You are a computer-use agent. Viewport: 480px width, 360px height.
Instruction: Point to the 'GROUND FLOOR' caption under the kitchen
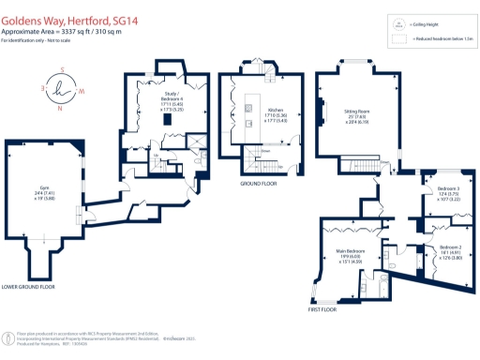[254, 184]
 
